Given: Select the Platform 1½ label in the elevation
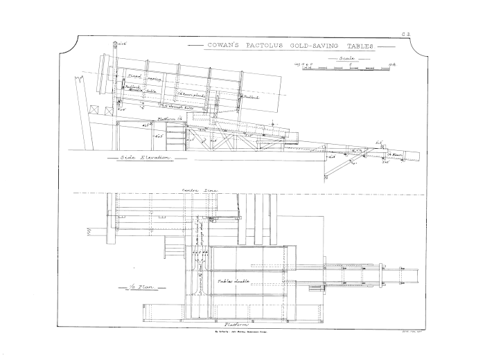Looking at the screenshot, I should coord(170,118).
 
